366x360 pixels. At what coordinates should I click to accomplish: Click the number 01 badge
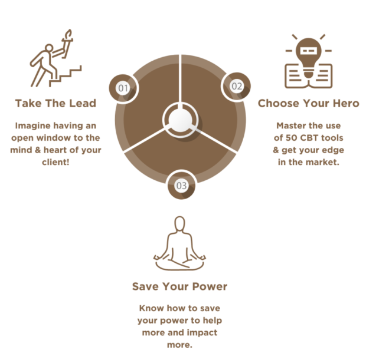coord(123,88)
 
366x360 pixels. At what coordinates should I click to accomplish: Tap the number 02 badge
coord(236,87)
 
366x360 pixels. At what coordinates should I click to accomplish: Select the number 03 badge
coord(181,186)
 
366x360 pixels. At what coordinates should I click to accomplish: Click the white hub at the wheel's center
coord(181,120)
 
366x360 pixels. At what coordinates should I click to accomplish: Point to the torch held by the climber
coord(67,44)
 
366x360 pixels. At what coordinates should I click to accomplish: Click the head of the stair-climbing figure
coord(49,48)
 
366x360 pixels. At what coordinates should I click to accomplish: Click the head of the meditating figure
coord(179,224)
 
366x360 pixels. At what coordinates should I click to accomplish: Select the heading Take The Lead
coord(55,103)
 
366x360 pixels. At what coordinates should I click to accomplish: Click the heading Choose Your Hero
coord(308,103)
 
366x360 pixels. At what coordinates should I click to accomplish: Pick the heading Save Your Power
coord(179,286)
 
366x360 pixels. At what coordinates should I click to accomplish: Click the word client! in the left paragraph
coord(55,162)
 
